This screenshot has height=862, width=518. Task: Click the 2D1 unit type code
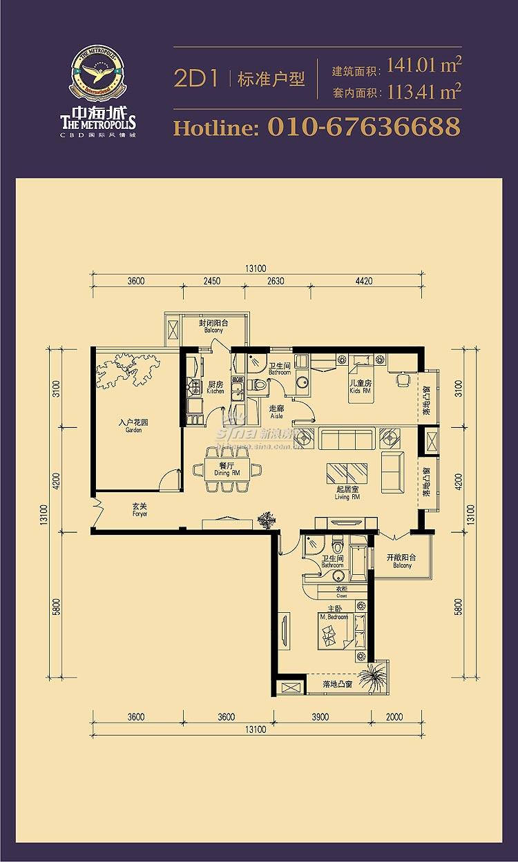(x=196, y=79)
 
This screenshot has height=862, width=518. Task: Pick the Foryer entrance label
(x=140, y=511)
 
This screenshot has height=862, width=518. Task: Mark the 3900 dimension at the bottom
(x=319, y=717)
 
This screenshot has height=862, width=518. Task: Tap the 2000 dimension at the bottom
(x=394, y=717)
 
